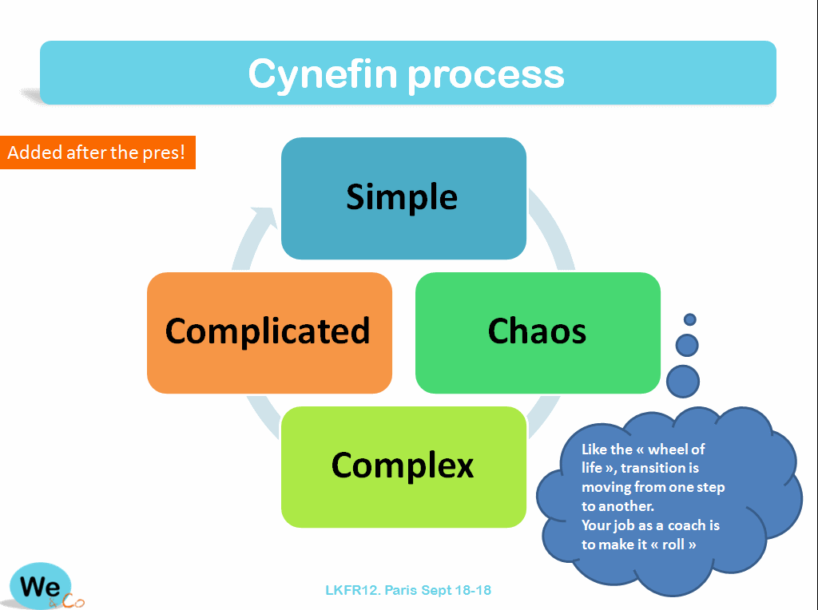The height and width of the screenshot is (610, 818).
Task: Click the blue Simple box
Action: coord(403,198)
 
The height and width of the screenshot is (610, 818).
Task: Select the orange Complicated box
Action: coord(269,332)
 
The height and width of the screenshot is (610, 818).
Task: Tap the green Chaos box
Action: coord(538,332)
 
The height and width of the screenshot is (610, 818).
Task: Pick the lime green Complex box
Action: coord(403,466)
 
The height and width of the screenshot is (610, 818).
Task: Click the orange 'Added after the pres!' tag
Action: coord(97,152)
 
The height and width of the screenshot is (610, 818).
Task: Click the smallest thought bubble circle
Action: coord(690,319)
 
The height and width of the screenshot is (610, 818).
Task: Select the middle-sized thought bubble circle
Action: coord(687,345)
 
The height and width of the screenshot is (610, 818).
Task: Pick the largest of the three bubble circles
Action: coord(683,381)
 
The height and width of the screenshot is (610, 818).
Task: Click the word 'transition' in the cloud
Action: coord(648,468)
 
